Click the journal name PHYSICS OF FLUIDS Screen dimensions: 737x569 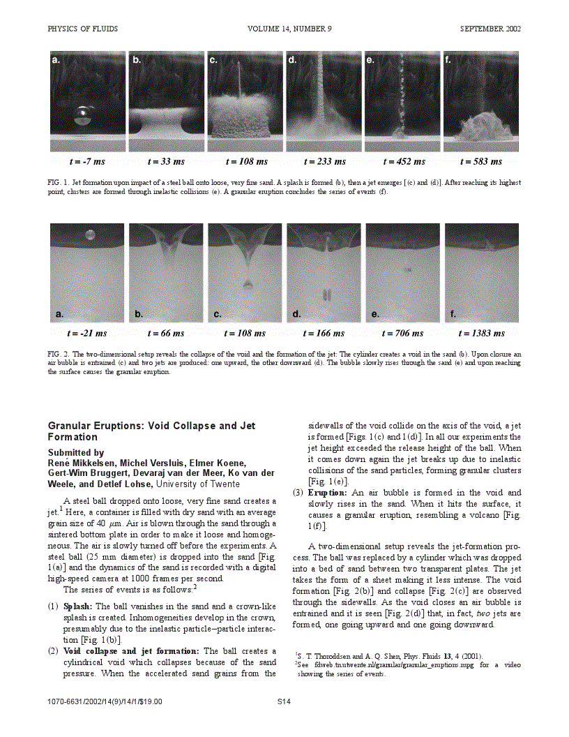pyautogui.click(x=82, y=29)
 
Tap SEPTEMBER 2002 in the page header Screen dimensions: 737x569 pyautogui.click(x=490, y=29)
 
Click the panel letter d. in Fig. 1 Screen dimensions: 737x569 pyautogui.click(x=293, y=61)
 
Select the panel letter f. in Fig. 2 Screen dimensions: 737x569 pyautogui.click(x=454, y=315)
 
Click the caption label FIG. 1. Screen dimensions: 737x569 pyautogui.click(x=58, y=182)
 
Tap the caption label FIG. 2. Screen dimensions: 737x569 pyautogui.click(x=58, y=354)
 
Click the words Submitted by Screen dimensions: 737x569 pyautogui.click(x=75, y=452)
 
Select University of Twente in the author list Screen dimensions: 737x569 pyautogui.click(x=199, y=483)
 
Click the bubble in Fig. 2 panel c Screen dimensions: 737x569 pyautogui.click(x=248, y=283)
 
